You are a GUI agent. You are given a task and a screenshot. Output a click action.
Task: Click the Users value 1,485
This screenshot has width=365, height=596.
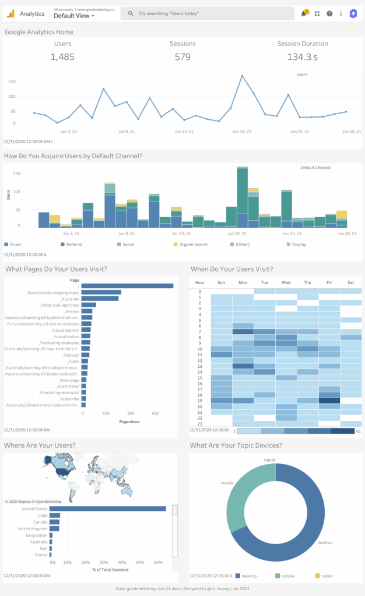click(62, 56)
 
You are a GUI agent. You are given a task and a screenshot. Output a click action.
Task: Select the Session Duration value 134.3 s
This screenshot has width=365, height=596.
click(302, 56)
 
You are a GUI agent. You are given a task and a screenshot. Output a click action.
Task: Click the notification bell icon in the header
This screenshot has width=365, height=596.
click(304, 13)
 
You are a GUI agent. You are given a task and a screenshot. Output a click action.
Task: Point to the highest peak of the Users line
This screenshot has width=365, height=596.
click(242, 76)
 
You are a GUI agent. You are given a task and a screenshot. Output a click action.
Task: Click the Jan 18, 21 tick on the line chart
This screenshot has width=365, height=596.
click(242, 132)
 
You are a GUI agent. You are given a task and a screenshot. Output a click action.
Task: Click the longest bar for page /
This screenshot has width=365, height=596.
click(127, 286)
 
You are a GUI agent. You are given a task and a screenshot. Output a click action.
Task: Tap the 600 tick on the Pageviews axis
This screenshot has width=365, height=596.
click(156, 413)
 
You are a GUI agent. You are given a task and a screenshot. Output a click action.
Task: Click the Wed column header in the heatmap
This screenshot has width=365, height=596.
click(286, 283)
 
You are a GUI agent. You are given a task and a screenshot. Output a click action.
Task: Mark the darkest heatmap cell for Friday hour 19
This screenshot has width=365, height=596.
click(329, 400)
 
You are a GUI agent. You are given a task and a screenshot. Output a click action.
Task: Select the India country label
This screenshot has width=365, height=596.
click(43, 515)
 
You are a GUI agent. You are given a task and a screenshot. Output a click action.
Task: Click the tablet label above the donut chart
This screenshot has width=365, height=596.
click(269, 460)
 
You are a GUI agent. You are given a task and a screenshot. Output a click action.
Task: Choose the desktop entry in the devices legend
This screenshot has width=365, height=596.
click(250, 576)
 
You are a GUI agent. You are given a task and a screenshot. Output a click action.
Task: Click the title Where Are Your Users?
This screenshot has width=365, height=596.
click(40, 446)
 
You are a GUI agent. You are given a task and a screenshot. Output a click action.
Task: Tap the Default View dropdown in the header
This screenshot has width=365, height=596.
click(73, 16)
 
